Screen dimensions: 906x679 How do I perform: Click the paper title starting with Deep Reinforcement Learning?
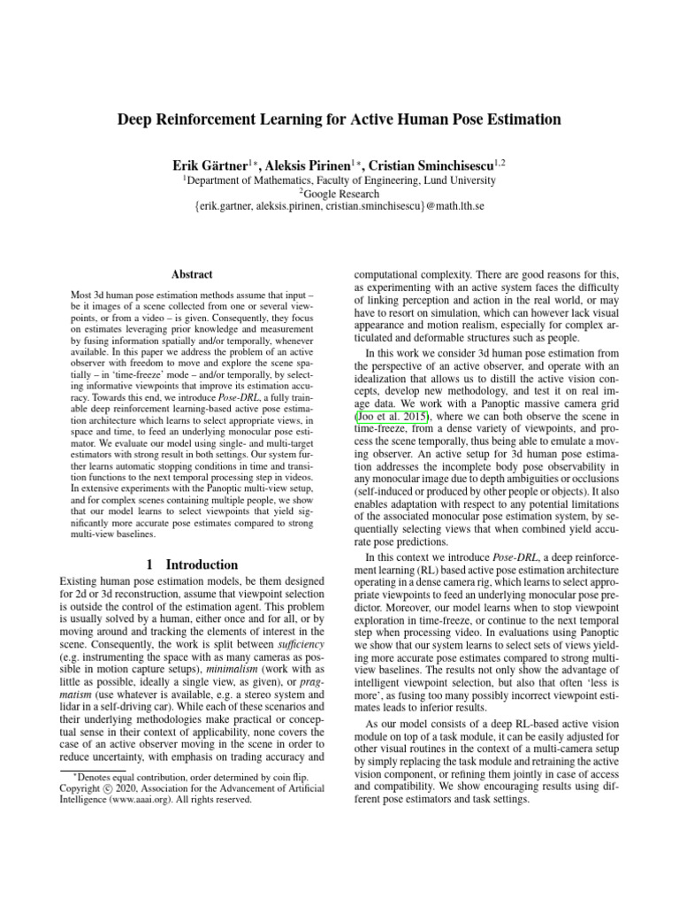339,119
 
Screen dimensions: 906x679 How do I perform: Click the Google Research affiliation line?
340,193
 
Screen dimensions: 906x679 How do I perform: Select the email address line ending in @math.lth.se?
339,207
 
